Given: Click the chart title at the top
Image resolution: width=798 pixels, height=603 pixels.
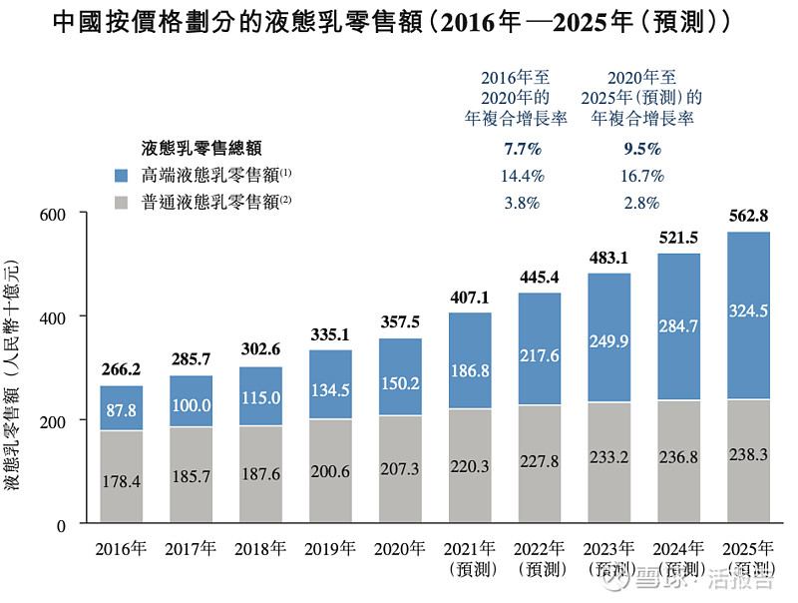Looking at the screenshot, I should pos(399,21).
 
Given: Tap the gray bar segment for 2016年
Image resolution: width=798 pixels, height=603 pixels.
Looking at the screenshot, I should pos(121,476).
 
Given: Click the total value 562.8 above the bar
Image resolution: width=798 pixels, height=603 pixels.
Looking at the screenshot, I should pos(748,217).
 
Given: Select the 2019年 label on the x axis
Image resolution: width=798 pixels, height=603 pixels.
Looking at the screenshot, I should pos(330,548).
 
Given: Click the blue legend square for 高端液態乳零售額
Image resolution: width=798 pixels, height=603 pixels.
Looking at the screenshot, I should pos(123,175).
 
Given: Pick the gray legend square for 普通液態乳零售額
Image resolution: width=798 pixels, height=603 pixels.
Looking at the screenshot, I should pos(123,203).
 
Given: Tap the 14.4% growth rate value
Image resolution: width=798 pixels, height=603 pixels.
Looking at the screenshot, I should pos(516,176).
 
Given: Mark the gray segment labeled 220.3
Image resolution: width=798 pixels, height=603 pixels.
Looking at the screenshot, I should pos(469,466).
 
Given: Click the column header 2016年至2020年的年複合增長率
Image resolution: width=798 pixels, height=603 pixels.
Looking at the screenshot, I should pos(516,97).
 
